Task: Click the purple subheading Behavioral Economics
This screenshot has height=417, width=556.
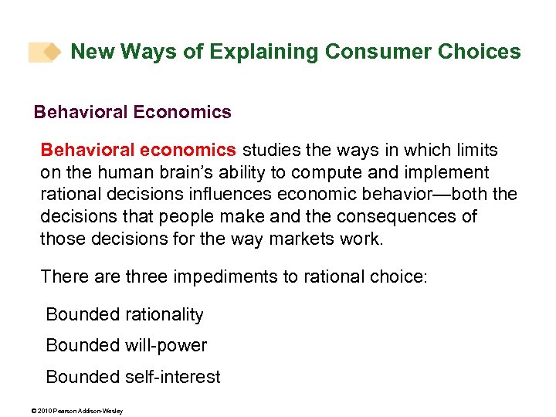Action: click(132, 112)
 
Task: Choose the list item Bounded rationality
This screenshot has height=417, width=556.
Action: click(124, 314)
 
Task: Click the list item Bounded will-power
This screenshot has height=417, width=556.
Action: click(126, 345)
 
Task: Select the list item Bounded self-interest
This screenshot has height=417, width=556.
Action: click(133, 377)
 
